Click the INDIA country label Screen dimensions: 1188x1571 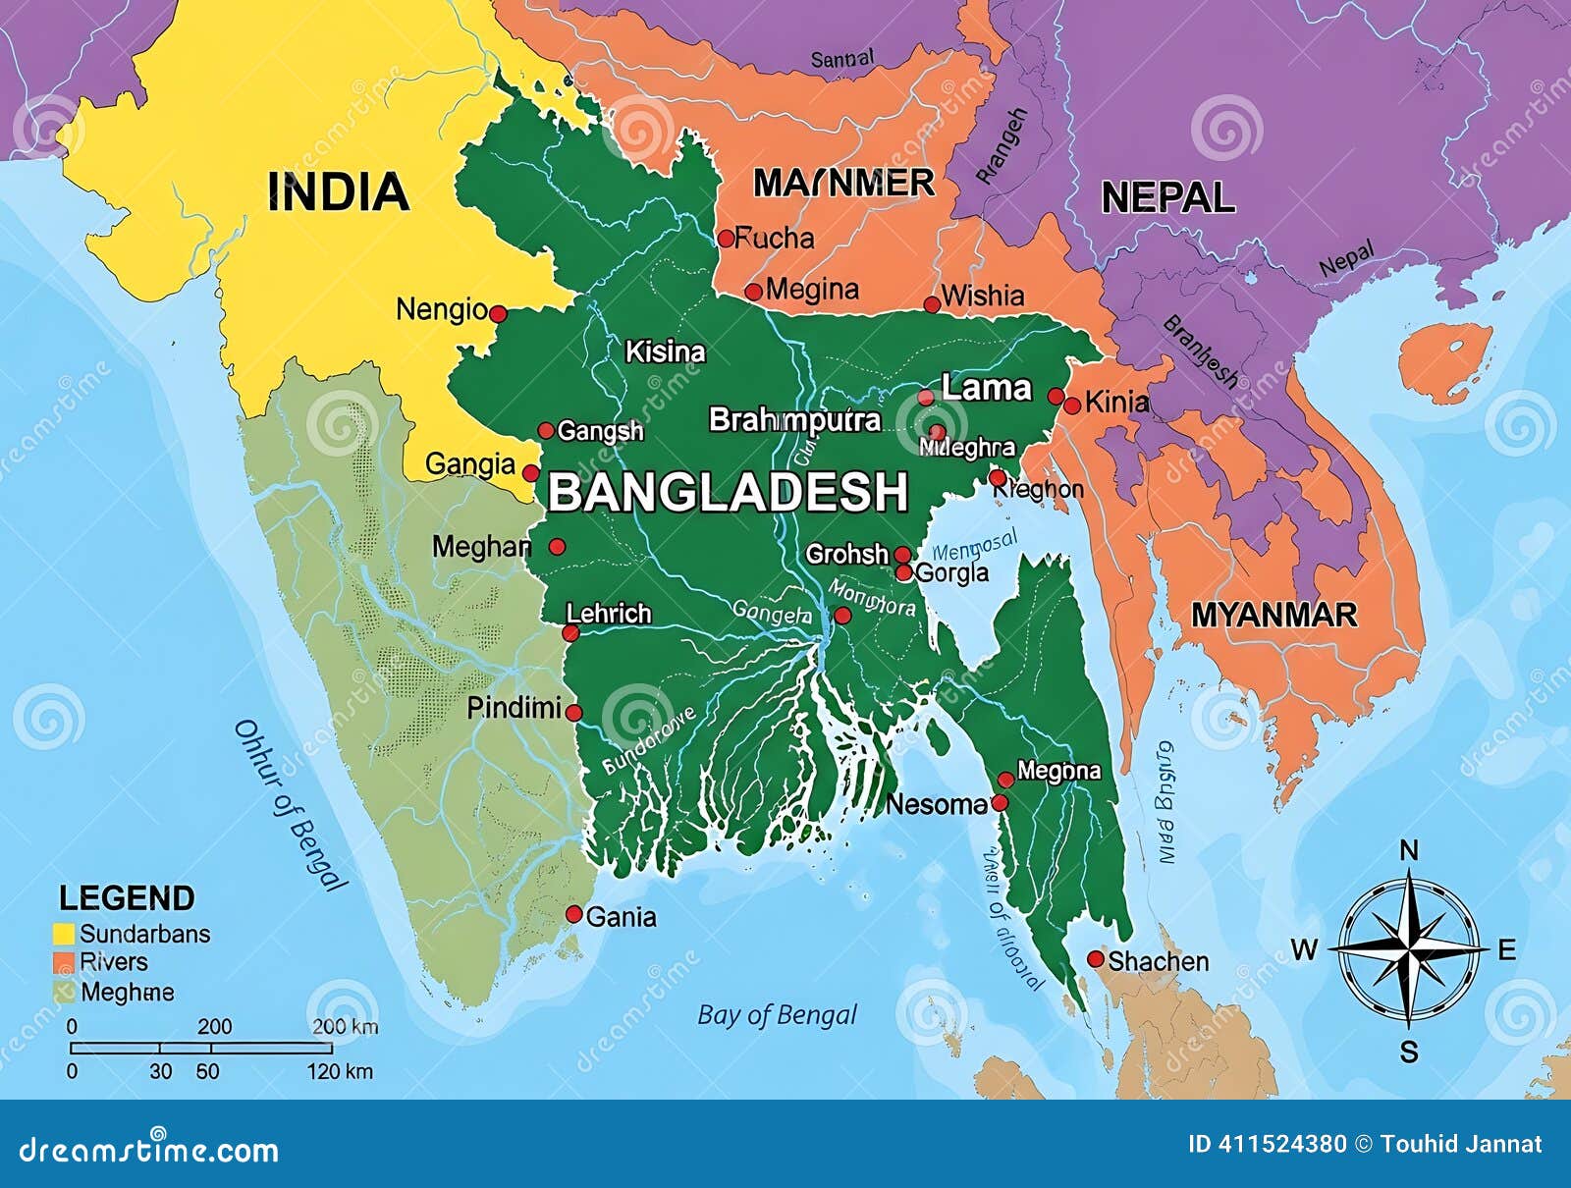point(338,191)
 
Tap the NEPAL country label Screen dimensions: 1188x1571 point(1167,197)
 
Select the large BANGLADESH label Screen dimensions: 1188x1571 point(728,492)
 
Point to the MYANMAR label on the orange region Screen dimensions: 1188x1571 point(1273,616)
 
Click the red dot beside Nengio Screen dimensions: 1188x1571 point(498,314)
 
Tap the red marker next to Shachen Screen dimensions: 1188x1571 point(1096,959)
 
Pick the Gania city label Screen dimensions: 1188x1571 point(621,917)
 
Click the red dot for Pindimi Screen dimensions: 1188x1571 point(573,713)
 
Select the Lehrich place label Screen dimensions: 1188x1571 point(609,614)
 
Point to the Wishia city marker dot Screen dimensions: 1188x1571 point(932,304)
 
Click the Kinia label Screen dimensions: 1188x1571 point(1117,402)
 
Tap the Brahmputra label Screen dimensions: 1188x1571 point(794,420)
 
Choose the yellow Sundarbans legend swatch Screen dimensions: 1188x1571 point(64,934)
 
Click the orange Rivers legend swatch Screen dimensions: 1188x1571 point(64,962)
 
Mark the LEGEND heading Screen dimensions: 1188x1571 point(127,898)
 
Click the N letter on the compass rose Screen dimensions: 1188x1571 point(1408,851)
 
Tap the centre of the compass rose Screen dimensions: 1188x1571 point(1409,949)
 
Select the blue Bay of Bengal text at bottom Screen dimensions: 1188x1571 point(777,1014)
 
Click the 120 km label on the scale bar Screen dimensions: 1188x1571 point(340,1071)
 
